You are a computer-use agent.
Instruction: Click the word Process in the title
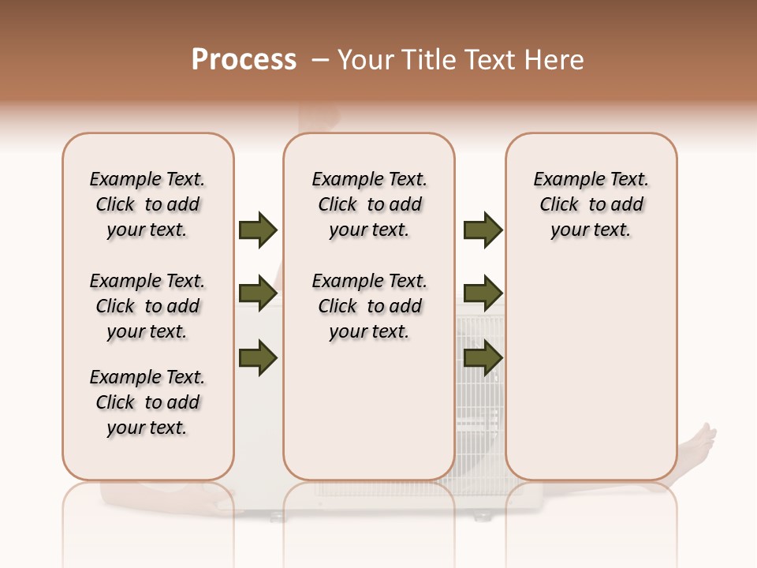[x=244, y=60]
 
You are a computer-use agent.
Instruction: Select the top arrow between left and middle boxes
[x=258, y=230]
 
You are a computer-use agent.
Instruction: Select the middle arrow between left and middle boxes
[x=258, y=293]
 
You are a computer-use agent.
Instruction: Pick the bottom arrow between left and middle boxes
[x=258, y=358]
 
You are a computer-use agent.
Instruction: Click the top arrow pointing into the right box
[x=483, y=230]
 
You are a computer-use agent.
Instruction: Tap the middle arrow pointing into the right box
[x=483, y=293]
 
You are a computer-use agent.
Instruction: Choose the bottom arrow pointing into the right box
[x=483, y=358]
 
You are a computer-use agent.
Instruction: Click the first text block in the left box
[x=147, y=204]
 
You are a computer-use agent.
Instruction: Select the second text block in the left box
[x=147, y=306]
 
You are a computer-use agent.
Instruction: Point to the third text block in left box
[x=147, y=402]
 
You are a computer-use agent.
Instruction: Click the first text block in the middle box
[x=369, y=204]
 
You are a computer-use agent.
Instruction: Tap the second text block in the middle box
[x=369, y=306]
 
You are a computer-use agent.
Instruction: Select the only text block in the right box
[x=591, y=204]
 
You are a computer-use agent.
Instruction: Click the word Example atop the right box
[x=563, y=180]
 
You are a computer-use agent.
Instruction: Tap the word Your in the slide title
[x=363, y=60]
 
